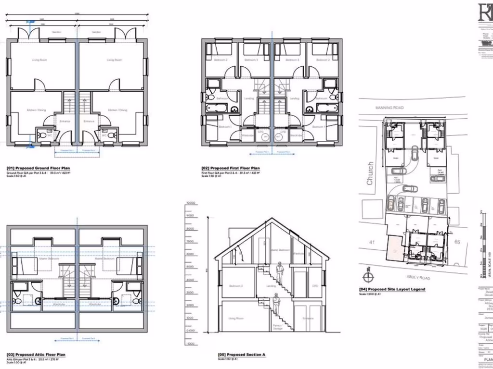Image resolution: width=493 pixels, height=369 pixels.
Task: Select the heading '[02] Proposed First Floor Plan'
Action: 231,168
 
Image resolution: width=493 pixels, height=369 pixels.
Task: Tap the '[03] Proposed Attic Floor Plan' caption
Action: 36,355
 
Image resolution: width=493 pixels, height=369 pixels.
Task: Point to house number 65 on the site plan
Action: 457,242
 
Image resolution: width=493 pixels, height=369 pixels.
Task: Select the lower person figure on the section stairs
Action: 276,303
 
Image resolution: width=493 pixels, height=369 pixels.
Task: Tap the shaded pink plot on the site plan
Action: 394,249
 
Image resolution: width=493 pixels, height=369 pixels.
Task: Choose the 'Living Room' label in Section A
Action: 235,319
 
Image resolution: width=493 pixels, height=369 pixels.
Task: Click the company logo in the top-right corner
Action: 484,12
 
